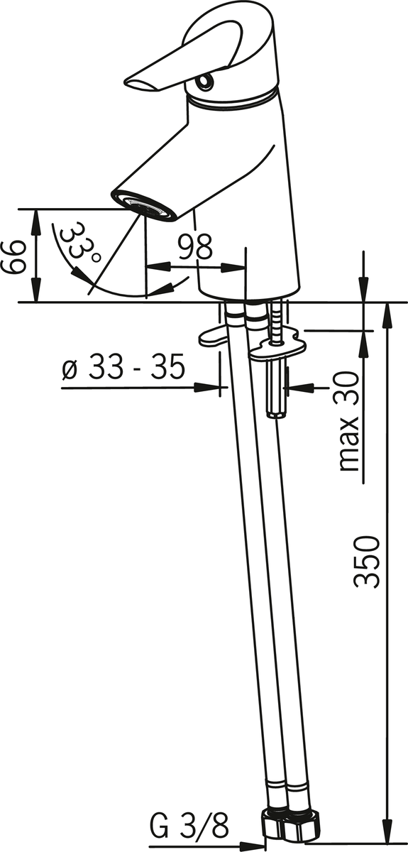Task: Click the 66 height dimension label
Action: tap(11, 257)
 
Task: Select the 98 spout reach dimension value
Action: tap(195, 247)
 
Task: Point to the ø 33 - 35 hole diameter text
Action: tap(123, 367)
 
